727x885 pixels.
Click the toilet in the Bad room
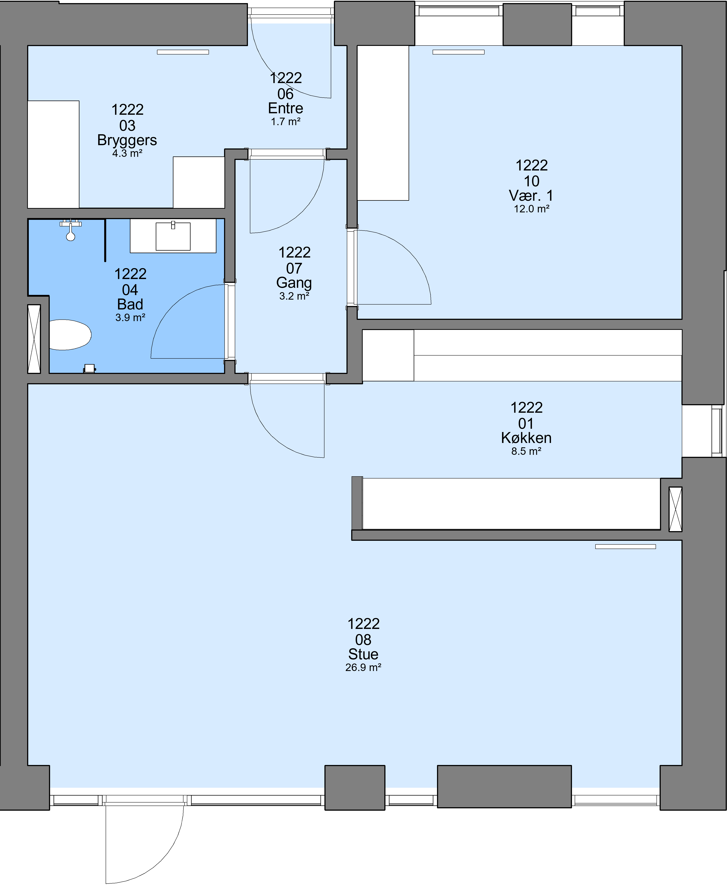(x=70, y=334)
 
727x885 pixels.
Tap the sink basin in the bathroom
(x=173, y=237)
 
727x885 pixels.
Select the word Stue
(x=363, y=654)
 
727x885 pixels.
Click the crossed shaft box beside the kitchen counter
(x=675, y=509)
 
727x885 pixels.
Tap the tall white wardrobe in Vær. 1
(x=383, y=123)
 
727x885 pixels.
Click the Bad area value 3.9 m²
(x=130, y=318)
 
